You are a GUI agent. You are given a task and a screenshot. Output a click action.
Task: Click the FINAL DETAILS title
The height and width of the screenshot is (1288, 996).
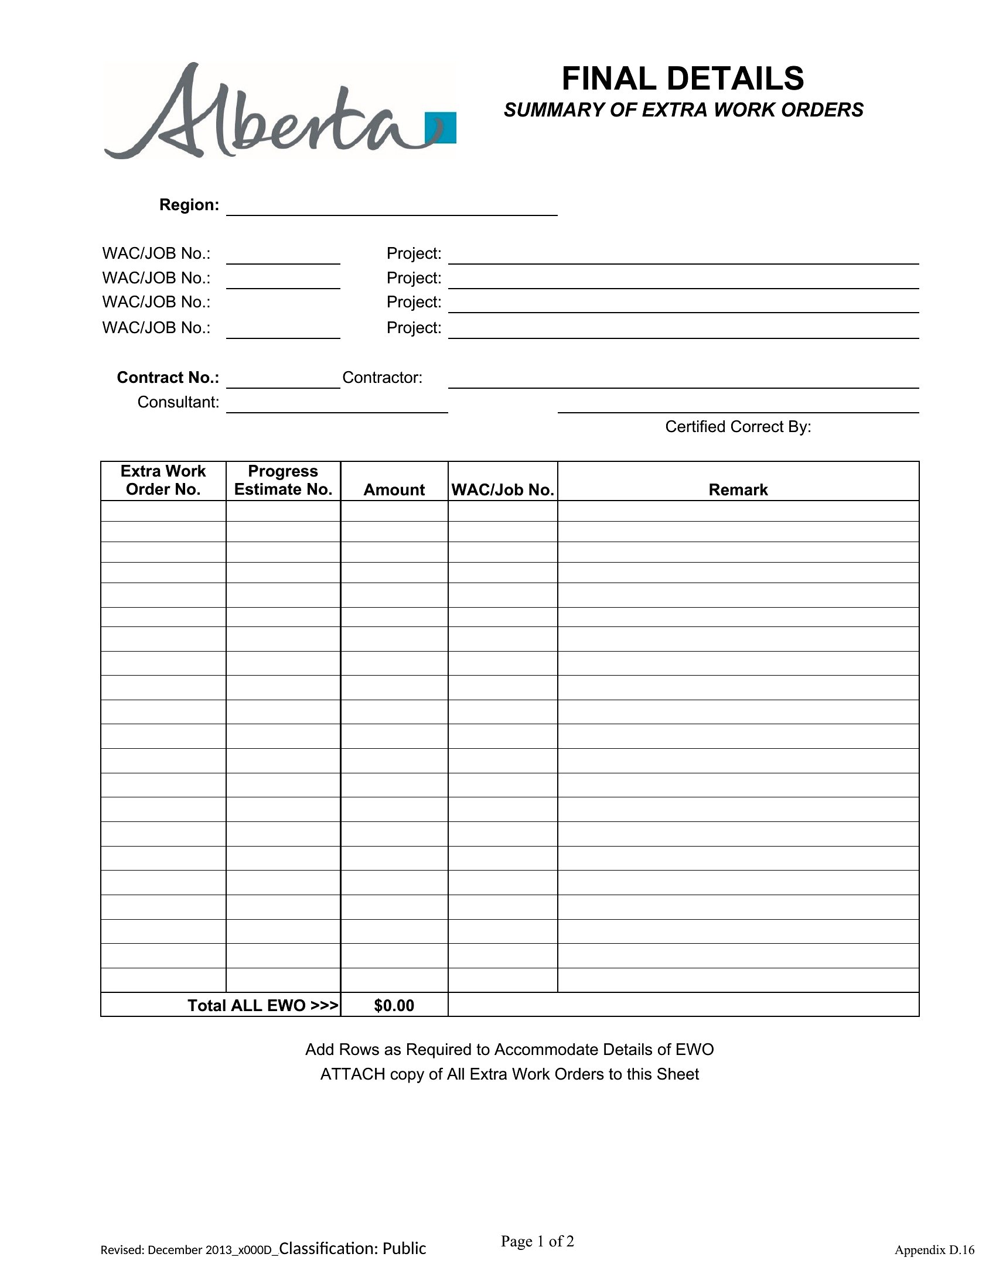[682, 78]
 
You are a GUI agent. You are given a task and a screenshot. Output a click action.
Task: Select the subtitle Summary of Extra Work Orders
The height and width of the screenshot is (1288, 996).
[683, 110]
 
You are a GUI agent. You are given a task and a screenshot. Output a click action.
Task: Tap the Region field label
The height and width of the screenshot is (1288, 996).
[189, 205]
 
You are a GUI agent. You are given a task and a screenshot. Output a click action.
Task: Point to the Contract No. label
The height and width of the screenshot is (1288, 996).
[168, 378]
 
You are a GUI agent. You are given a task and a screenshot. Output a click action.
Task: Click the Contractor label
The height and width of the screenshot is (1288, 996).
[383, 378]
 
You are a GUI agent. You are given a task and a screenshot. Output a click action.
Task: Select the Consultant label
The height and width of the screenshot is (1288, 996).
[178, 402]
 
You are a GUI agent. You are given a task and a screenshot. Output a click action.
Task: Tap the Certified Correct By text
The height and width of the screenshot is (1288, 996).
[738, 427]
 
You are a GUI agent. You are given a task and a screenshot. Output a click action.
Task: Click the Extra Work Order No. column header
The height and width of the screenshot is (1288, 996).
[163, 480]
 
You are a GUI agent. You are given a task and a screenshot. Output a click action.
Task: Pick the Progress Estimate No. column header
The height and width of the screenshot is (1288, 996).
[283, 480]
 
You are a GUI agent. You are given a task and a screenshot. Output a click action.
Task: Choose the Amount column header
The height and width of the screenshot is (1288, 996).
[394, 489]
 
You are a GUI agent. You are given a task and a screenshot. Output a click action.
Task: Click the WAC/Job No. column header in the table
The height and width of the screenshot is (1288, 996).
[503, 489]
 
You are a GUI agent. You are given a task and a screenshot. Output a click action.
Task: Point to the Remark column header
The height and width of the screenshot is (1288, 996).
[738, 489]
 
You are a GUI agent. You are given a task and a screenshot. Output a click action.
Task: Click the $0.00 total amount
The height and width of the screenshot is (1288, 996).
[394, 1005]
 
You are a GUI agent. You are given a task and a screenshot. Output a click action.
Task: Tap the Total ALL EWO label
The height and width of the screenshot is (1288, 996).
[262, 1005]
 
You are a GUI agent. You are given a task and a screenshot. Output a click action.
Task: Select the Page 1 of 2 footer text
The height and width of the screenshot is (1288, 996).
[537, 1241]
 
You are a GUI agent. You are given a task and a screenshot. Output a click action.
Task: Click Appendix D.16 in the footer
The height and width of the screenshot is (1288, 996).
[934, 1250]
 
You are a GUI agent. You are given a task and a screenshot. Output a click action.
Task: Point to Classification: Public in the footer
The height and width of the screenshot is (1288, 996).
[352, 1249]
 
